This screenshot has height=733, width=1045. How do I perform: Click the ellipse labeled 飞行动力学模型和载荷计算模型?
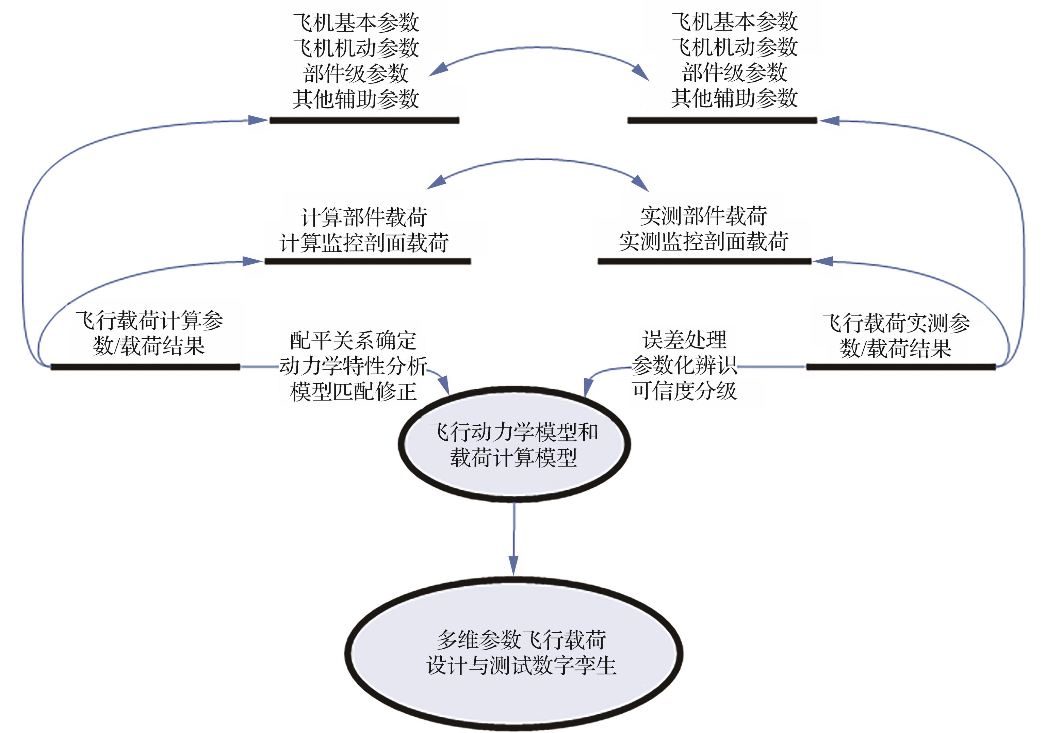(x=514, y=444)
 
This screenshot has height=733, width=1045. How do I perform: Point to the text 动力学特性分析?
(x=353, y=365)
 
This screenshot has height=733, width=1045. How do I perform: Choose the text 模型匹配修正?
(x=353, y=391)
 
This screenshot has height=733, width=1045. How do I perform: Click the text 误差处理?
(x=684, y=339)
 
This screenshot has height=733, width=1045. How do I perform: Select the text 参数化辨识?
(x=684, y=365)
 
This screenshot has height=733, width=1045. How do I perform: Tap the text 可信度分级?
(x=684, y=390)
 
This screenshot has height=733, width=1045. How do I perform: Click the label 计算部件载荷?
(x=364, y=217)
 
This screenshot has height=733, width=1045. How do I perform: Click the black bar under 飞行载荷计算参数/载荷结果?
(x=145, y=367)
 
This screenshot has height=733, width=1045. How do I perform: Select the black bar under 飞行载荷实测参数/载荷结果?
(x=901, y=366)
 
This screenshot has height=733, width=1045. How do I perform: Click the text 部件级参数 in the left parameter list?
(x=356, y=73)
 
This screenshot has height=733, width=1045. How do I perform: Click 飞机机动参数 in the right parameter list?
(x=734, y=47)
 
